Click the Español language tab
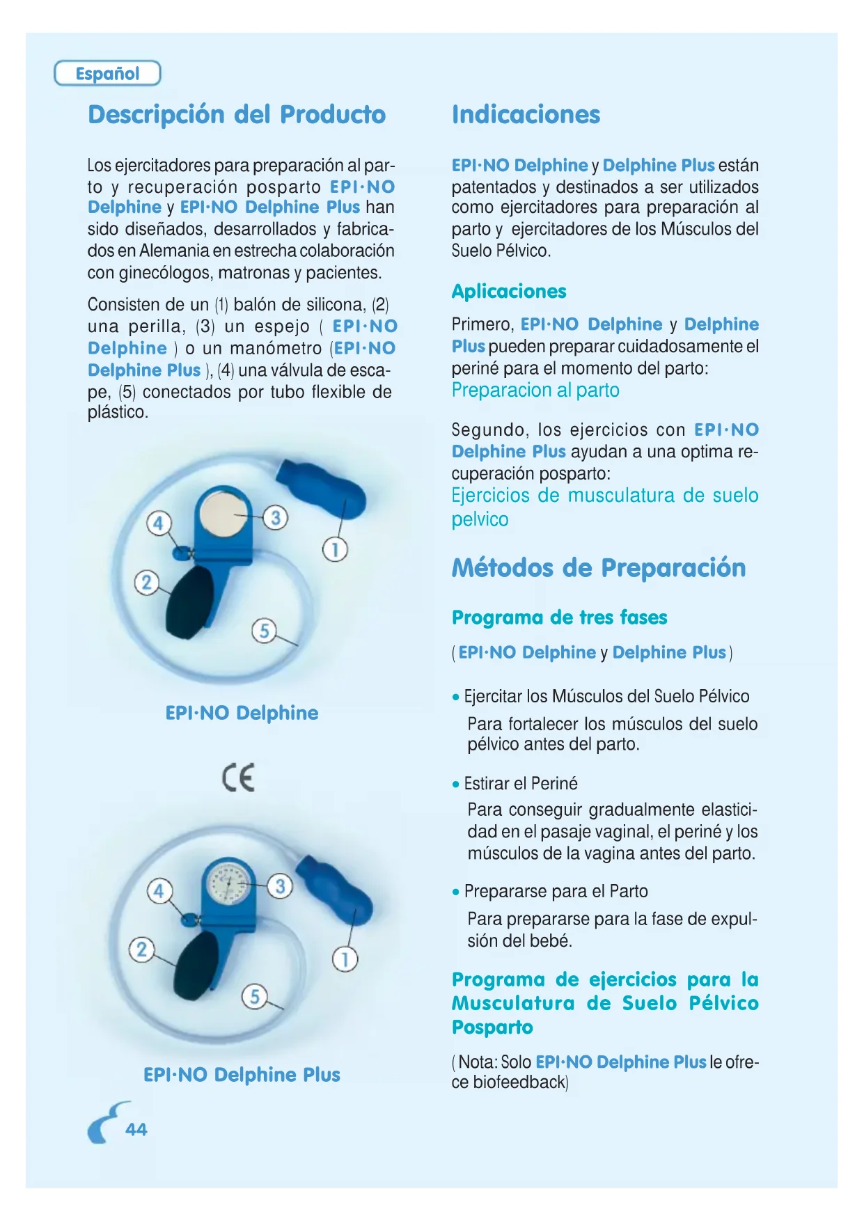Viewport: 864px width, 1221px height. [107, 73]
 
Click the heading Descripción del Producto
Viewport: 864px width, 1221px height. [237, 114]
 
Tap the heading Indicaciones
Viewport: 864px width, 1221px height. [526, 114]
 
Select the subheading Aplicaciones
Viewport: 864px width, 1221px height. [509, 291]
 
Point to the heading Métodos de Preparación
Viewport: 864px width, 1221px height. [599, 567]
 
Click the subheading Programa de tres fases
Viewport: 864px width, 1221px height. [559, 617]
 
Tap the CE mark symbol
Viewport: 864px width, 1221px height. [239, 777]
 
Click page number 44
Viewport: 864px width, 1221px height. [136, 1129]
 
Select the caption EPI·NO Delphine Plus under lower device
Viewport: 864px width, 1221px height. [242, 1074]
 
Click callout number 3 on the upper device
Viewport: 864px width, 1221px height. [276, 517]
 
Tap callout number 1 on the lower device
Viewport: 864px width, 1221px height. [345, 959]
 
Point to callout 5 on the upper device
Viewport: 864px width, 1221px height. [264, 631]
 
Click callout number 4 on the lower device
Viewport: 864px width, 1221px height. [159, 890]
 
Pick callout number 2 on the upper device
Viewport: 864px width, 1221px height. [146, 582]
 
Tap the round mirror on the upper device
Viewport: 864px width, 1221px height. [223, 514]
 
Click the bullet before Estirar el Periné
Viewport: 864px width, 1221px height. [456, 784]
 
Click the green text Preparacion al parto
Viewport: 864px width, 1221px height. [535, 390]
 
